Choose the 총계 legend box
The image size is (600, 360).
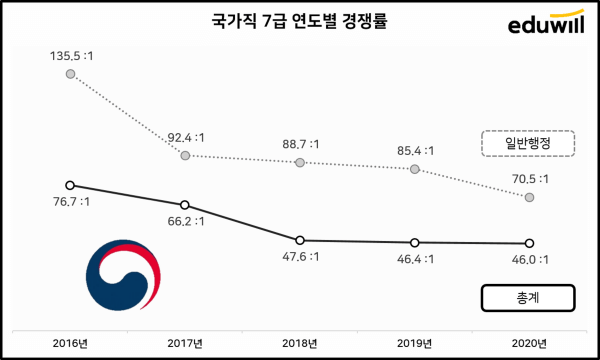(528, 298)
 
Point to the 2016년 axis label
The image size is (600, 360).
(69, 343)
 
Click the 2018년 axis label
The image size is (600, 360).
(300, 343)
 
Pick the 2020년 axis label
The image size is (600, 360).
(529, 343)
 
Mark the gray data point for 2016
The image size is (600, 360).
(69, 74)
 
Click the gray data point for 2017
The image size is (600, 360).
(185, 156)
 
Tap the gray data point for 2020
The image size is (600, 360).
(529, 198)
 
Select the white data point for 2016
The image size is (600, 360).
(69, 185)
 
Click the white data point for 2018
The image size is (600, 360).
(300, 240)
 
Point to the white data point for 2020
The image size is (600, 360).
(529, 243)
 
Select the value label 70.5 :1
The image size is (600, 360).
(529, 180)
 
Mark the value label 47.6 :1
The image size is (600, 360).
(300, 258)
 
